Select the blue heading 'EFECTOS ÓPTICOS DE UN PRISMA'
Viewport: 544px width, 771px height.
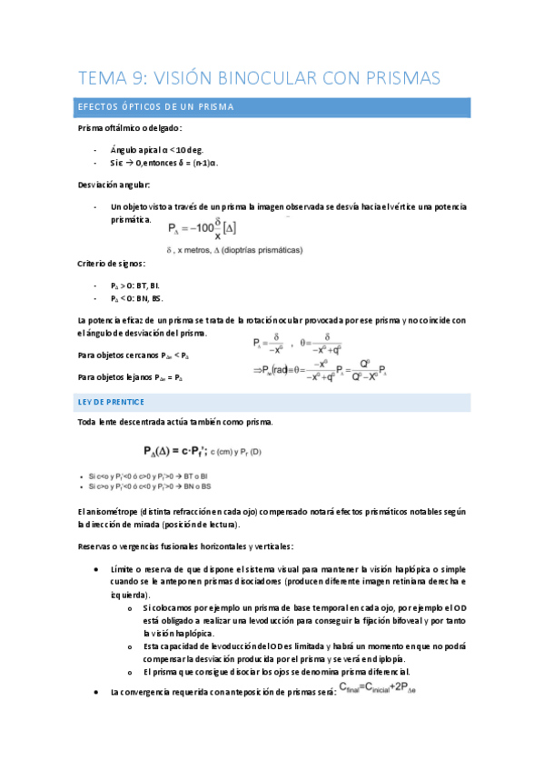pyautogui.click(x=156, y=107)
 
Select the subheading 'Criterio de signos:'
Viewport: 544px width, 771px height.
pyautogui.click(x=113, y=264)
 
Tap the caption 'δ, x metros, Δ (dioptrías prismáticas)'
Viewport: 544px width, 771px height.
pyautogui.click(x=235, y=249)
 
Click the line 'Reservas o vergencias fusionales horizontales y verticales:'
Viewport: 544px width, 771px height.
pyautogui.click(x=198, y=546)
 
